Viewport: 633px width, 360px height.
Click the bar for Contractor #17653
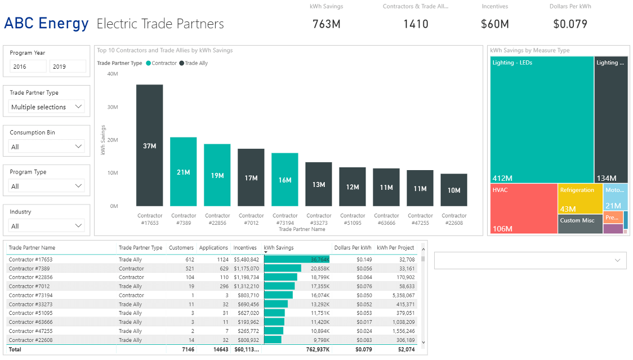[x=149, y=145]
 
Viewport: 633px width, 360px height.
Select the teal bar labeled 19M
[x=217, y=175]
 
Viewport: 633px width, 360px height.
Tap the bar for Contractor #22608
[x=453, y=190]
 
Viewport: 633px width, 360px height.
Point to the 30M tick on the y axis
[x=112, y=107]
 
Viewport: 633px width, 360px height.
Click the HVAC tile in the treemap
[x=523, y=208]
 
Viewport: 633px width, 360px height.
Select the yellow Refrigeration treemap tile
[x=579, y=198]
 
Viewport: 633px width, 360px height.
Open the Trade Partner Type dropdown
[x=47, y=107]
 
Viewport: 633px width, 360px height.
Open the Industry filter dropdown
[x=47, y=226]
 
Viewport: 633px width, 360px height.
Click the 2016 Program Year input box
[x=28, y=66]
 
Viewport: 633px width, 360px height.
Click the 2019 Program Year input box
[x=68, y=66]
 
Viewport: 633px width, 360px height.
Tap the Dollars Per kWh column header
[x=353, y=248]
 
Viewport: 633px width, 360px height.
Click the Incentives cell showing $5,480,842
[x=246, y=260]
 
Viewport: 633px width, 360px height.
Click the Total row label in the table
[x=15, y=349]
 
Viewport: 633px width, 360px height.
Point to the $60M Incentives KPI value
[x=494, y=24]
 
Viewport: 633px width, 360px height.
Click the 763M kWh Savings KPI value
[x=326, y=24]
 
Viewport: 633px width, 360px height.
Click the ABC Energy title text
[x=46, y=24]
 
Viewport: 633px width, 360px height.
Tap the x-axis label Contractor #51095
[x=353, y=219]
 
